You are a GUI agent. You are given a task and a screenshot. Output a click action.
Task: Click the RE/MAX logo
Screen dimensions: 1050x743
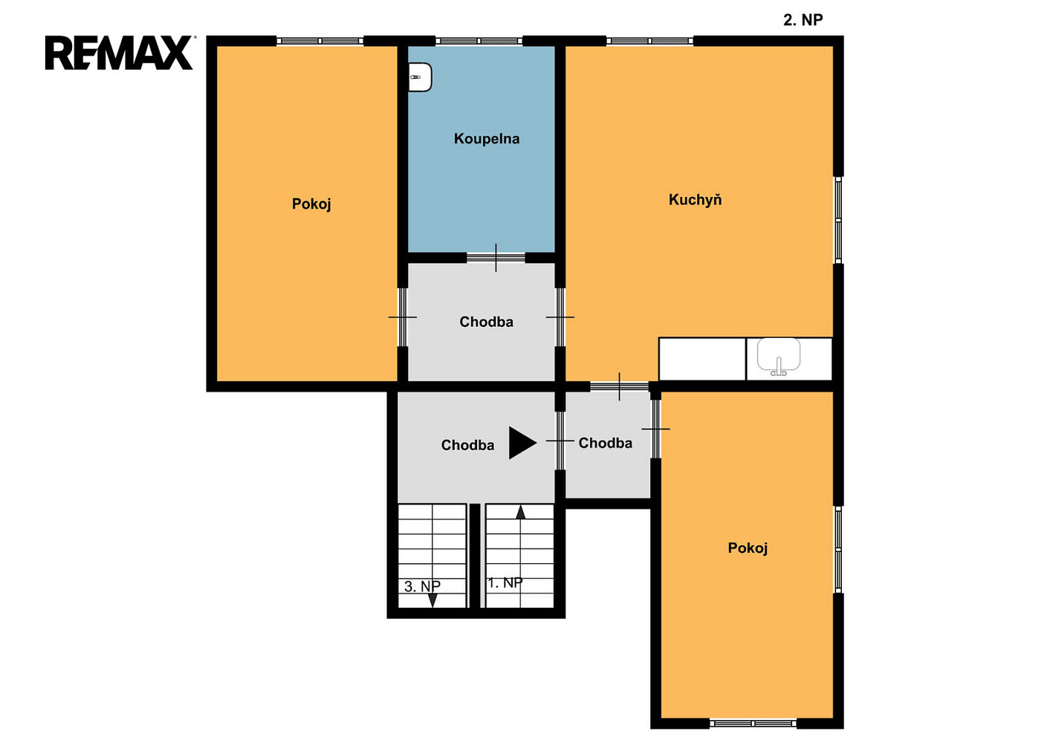[x=119, y=53]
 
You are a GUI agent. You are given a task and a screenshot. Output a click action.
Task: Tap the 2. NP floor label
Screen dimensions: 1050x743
[x=803, y=19]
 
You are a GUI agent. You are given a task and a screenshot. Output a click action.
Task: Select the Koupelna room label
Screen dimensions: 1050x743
[x=487, y=139]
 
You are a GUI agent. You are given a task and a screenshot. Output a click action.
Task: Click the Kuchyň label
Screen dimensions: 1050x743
[x=695, y=200]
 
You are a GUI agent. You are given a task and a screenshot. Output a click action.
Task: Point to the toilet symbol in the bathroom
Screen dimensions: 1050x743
[x=420, y=77]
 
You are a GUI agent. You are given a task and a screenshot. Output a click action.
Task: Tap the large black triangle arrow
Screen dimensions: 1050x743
[x=522, y=443]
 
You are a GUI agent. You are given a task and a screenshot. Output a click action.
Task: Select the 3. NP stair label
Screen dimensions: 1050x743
[x=422, y=586]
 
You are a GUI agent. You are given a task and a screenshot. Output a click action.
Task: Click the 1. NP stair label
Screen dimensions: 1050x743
[x=505, y=583]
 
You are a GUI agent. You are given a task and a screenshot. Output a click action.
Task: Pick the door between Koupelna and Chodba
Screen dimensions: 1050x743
[x=496, y=257]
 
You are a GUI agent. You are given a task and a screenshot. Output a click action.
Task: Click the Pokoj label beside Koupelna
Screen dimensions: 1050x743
[x=311, y=204]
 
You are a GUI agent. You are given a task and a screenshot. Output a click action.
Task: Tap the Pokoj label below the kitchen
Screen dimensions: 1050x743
[x=748, y=548]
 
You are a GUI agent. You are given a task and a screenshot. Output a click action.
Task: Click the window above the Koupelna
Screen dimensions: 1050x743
[x=479, y=41]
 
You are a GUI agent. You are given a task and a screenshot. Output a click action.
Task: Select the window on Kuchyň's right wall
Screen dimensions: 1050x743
[x=838, y=220]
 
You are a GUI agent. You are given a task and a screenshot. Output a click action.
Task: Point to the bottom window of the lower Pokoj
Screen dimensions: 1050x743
[x=754, y=724]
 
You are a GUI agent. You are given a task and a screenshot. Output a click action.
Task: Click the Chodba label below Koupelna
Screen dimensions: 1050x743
[x=486, y=322]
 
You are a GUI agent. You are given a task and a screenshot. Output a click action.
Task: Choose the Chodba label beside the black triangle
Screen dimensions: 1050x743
[x=467, y=445]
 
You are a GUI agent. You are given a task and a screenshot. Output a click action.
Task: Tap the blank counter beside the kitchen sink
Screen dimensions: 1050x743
[x=702, y=359]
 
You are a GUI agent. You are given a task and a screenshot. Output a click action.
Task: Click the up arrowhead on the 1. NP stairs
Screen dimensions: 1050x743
[x=520, y=512]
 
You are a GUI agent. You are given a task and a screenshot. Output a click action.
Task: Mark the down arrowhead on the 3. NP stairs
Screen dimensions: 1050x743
[x=432, y=600]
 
